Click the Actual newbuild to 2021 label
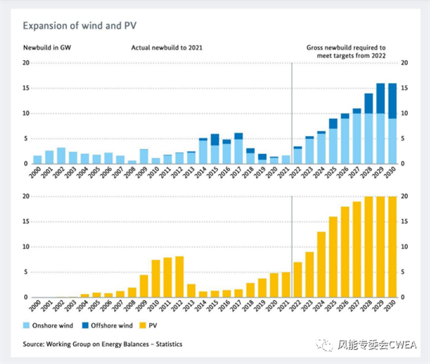(165, 49)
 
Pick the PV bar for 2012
(179, 277)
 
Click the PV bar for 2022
(297, 279)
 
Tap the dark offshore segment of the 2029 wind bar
(380, 98)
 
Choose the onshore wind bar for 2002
(61, 155)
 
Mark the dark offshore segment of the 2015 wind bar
(215, 140)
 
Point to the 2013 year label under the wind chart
(191, 173)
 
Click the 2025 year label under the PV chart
(333, 307)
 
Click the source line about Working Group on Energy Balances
(102, 344)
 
